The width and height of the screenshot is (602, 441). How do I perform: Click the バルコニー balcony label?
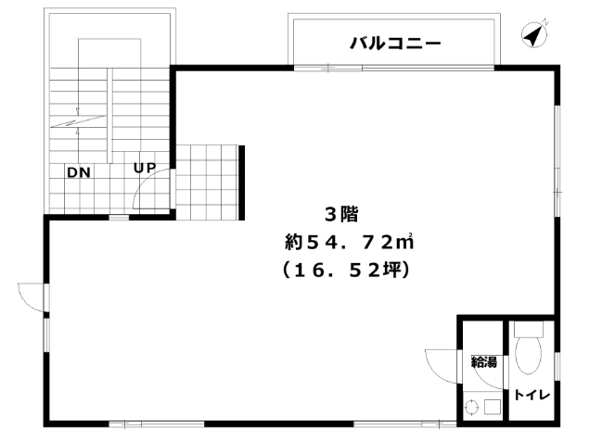(x=395, y=44)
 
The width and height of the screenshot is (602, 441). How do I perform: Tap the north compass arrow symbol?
(x=534, y=35)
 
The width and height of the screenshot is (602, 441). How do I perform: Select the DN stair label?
(x=79, y=172)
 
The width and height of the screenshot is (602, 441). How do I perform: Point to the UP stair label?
(x=145, y=168)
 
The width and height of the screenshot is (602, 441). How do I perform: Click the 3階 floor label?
(x=341, y=214)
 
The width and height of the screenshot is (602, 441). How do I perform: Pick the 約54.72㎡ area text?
(x=349, y=242)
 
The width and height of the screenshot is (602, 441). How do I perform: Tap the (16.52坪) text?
(x=346, y=270)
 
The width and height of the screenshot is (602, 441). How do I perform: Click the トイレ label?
(x=532, y=395)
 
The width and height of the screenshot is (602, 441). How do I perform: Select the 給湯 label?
(x=484, y=361)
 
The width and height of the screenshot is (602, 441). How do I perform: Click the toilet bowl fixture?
(x=529, y=355)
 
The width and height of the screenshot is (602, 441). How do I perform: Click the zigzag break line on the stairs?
(x=77, y=121)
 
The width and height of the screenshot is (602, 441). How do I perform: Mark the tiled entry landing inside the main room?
(x=207, y=183)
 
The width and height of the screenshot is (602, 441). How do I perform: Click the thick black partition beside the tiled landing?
(x=242, y=183)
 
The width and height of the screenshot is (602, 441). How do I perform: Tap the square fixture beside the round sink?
(x=492, y=407)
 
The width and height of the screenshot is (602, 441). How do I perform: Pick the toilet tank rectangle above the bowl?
(x=529, y=328)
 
